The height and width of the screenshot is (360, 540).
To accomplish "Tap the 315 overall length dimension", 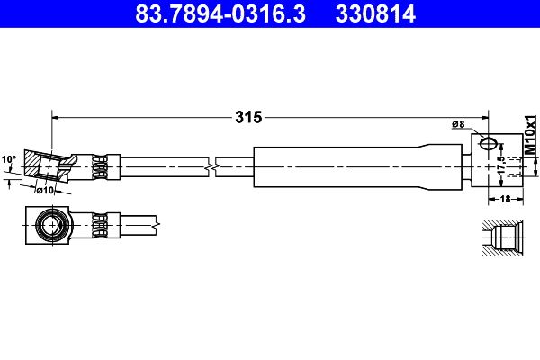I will [248, 117].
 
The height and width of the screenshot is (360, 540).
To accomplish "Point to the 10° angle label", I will [9, 159].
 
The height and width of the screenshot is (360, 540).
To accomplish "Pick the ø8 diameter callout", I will [457, 124].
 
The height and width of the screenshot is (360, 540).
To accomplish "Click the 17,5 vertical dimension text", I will [501, 166].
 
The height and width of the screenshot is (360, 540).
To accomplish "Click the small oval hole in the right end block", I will [487, 143].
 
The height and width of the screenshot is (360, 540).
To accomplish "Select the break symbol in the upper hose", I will [210, 166].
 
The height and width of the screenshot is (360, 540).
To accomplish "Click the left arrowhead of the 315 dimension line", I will [57, 116].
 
